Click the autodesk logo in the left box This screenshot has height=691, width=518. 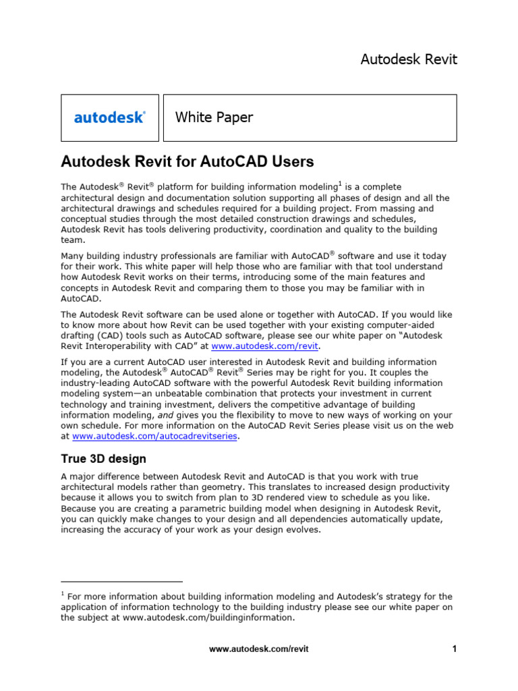(109, 117)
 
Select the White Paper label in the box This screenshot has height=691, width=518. (214, 117)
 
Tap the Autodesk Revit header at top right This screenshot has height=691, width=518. (409, 59)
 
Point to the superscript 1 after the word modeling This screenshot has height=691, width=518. (340, 184)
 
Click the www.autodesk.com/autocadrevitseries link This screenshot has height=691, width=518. (155, 436)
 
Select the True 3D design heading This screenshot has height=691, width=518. (103, 459)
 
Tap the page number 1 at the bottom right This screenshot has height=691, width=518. (455, 649)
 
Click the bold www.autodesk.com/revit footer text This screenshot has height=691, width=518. (259, 649)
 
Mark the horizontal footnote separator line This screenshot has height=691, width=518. (121, 581)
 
